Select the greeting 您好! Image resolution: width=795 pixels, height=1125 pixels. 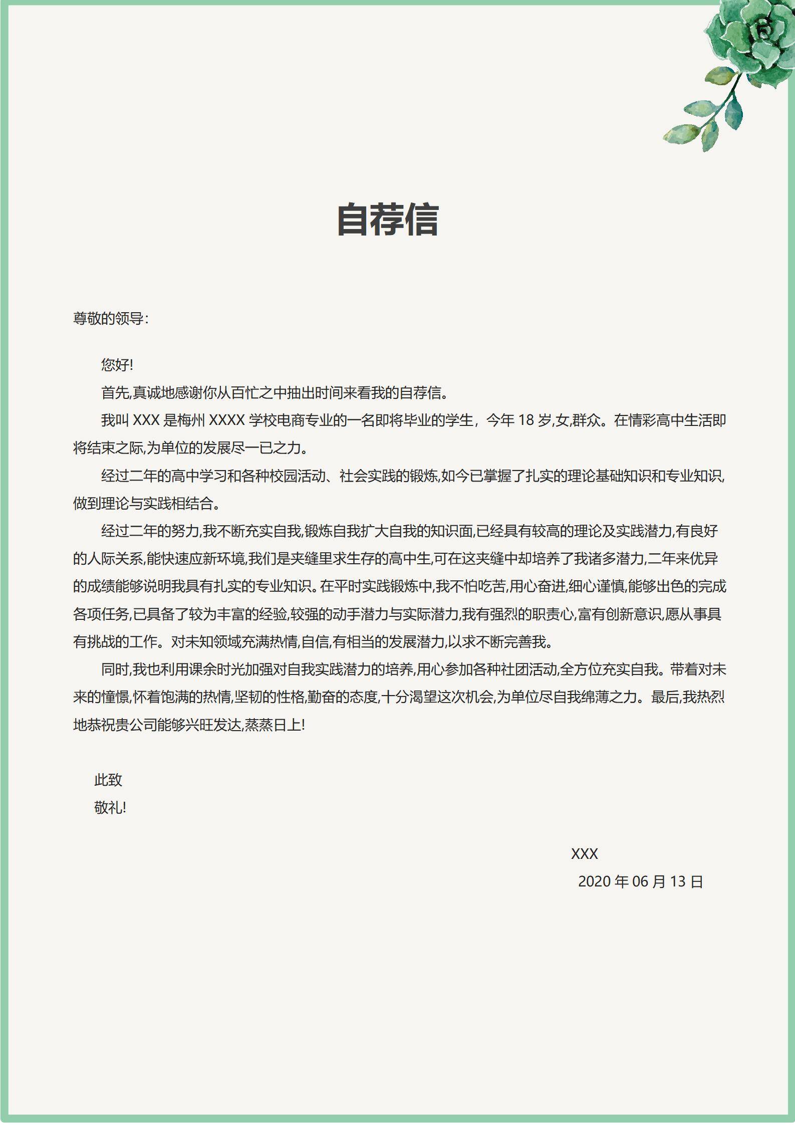[x=117, y=365]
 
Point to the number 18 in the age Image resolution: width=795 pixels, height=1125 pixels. [x=525, y=420]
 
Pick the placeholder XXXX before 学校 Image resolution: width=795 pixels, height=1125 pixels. [x=226, y=420]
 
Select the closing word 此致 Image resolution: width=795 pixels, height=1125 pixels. [x=108, y=780]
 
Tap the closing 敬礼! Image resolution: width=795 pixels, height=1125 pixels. [x=110, y=807]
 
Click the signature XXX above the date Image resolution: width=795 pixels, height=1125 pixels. [x=584, y=854]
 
